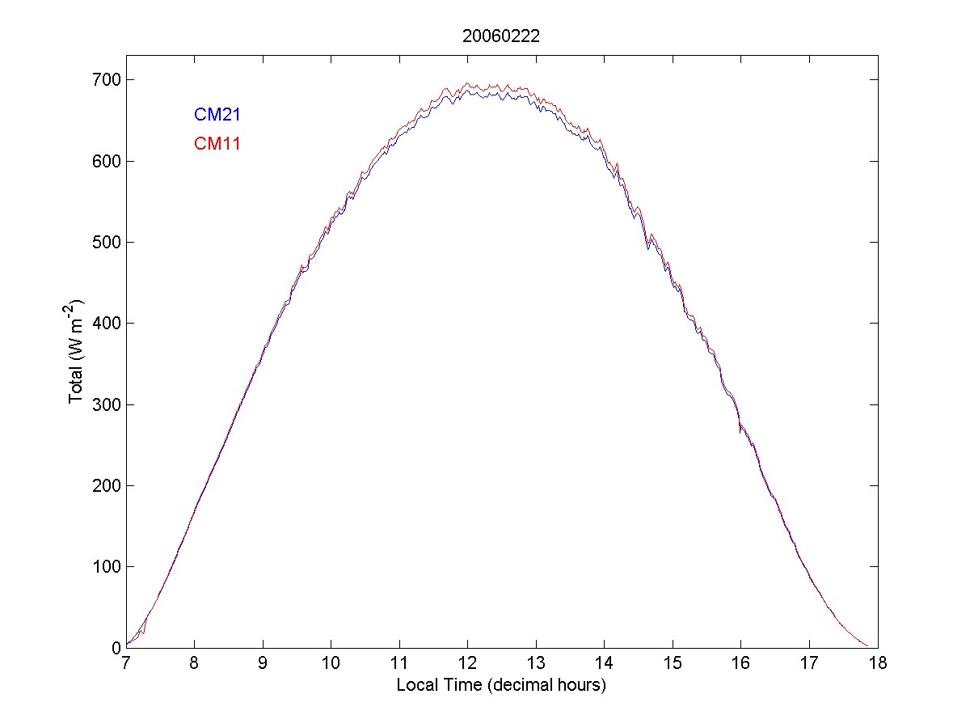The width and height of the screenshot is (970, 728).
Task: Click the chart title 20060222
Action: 500,36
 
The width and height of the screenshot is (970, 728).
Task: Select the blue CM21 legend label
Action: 217,116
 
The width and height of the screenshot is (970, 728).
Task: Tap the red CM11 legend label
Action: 217,144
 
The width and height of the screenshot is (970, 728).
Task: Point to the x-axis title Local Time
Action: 501,685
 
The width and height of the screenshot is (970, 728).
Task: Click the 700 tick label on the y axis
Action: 107,80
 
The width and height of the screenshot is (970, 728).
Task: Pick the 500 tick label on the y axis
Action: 107,243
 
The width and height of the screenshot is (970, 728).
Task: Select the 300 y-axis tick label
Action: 107,404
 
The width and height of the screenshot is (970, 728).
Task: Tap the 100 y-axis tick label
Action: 107,566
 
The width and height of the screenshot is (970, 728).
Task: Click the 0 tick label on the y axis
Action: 116,648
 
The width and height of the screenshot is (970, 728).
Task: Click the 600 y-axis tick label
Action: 107,162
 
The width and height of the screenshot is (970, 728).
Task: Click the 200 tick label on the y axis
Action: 107,485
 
